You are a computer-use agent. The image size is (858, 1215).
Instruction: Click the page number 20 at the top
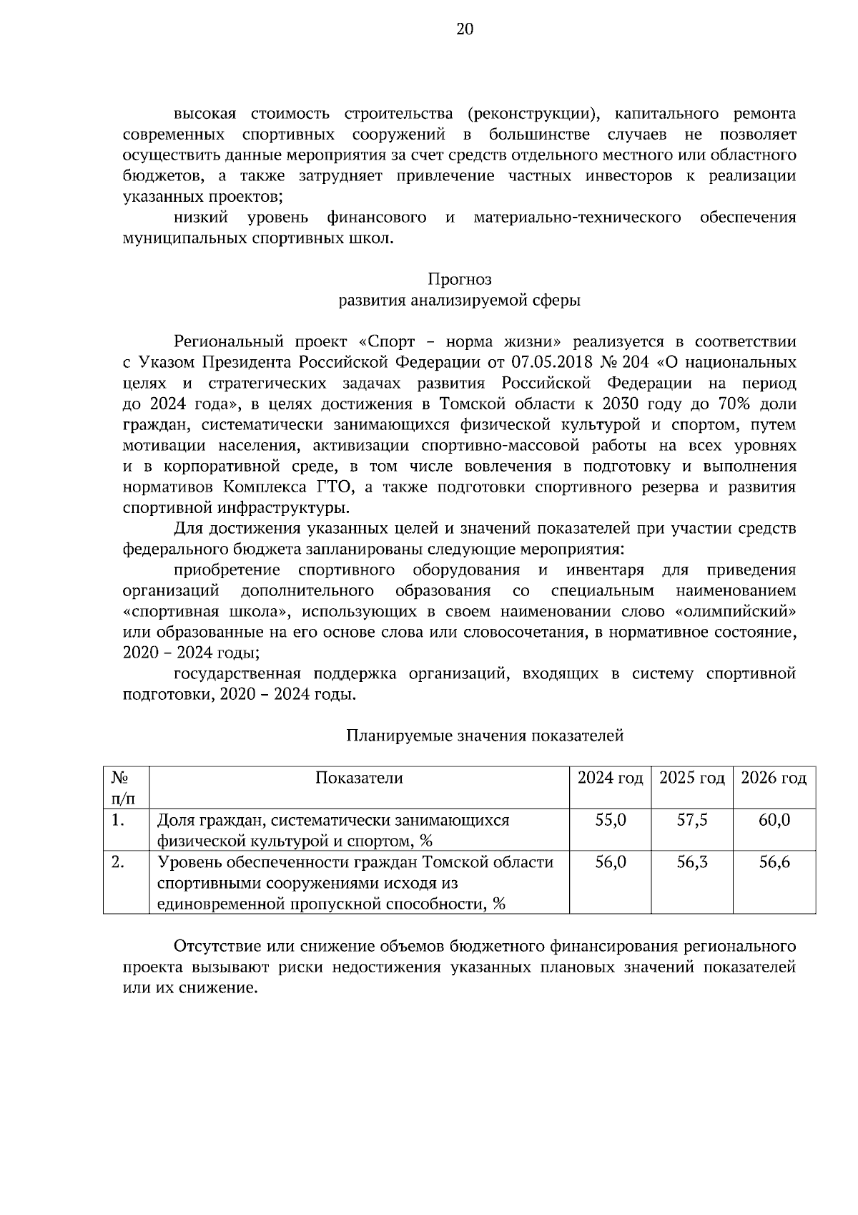(x=465, y=29)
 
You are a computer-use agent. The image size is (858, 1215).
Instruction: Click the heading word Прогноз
(x=459, y=279)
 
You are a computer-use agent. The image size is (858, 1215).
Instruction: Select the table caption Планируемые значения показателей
(x=485, y=736)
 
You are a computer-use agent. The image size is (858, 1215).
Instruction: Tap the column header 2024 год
(x=610, y=778)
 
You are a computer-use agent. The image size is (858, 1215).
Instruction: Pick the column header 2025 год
(x=691, y=778)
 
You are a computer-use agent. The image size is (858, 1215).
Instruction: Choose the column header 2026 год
(x=774, y=778)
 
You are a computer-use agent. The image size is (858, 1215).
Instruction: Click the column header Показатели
(x=359, y=778)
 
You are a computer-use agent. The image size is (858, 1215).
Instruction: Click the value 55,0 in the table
(x=610, y=820)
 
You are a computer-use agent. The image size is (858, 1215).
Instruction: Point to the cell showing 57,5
(x=691, y=820)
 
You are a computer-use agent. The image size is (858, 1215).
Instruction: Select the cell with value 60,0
(x=774, y=820)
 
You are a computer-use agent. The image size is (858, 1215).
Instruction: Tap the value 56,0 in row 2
(x=610, y=862)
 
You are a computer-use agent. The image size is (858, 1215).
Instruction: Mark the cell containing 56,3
(x=691, y=862)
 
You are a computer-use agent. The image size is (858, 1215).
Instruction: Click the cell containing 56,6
(x=774, y=862)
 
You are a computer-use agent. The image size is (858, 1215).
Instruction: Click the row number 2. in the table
(x=119, y=862)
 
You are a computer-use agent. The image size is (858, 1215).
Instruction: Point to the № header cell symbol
(x=119, y=778)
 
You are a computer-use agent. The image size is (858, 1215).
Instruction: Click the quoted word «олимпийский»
(x=735, y=612)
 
